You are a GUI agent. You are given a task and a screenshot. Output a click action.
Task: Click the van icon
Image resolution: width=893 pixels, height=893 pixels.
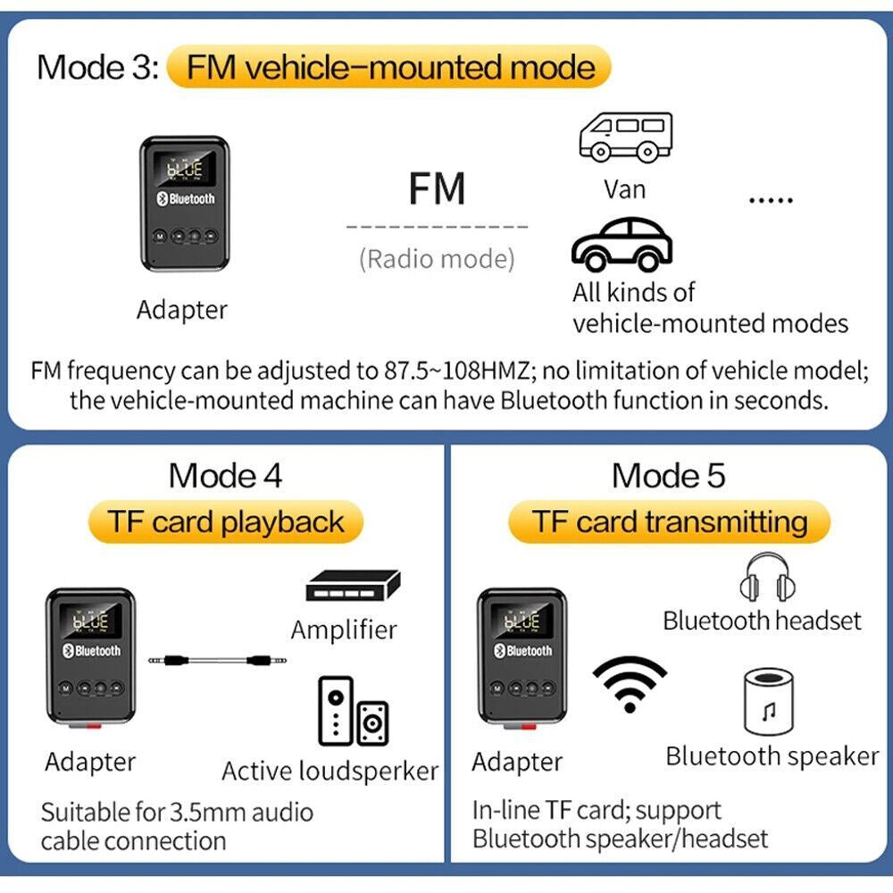click(624, 136)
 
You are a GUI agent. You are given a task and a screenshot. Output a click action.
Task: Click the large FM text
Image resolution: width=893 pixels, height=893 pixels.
click(437, 188)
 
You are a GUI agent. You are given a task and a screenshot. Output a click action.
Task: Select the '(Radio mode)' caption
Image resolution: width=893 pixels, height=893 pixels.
click(437, 259)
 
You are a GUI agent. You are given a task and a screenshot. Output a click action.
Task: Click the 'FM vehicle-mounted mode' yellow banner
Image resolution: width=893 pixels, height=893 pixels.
click(388, 68)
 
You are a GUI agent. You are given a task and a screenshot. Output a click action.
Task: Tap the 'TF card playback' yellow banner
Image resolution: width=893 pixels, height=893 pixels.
click(226, 522)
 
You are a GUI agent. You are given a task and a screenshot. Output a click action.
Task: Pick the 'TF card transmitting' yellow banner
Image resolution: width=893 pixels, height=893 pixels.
click(669, 522)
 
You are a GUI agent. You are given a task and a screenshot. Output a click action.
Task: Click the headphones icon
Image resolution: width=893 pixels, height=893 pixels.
click(766, 578)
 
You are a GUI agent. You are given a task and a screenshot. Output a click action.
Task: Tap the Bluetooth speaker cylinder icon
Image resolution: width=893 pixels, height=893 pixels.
click(768, 703)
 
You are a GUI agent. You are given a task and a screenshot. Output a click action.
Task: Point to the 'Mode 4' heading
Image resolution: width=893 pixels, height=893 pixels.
click(225, 476)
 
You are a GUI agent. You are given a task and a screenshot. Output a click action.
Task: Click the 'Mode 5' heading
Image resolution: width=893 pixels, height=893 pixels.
click(669, 476)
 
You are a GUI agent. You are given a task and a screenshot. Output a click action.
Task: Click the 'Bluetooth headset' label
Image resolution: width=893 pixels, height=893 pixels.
click(762, 621)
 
